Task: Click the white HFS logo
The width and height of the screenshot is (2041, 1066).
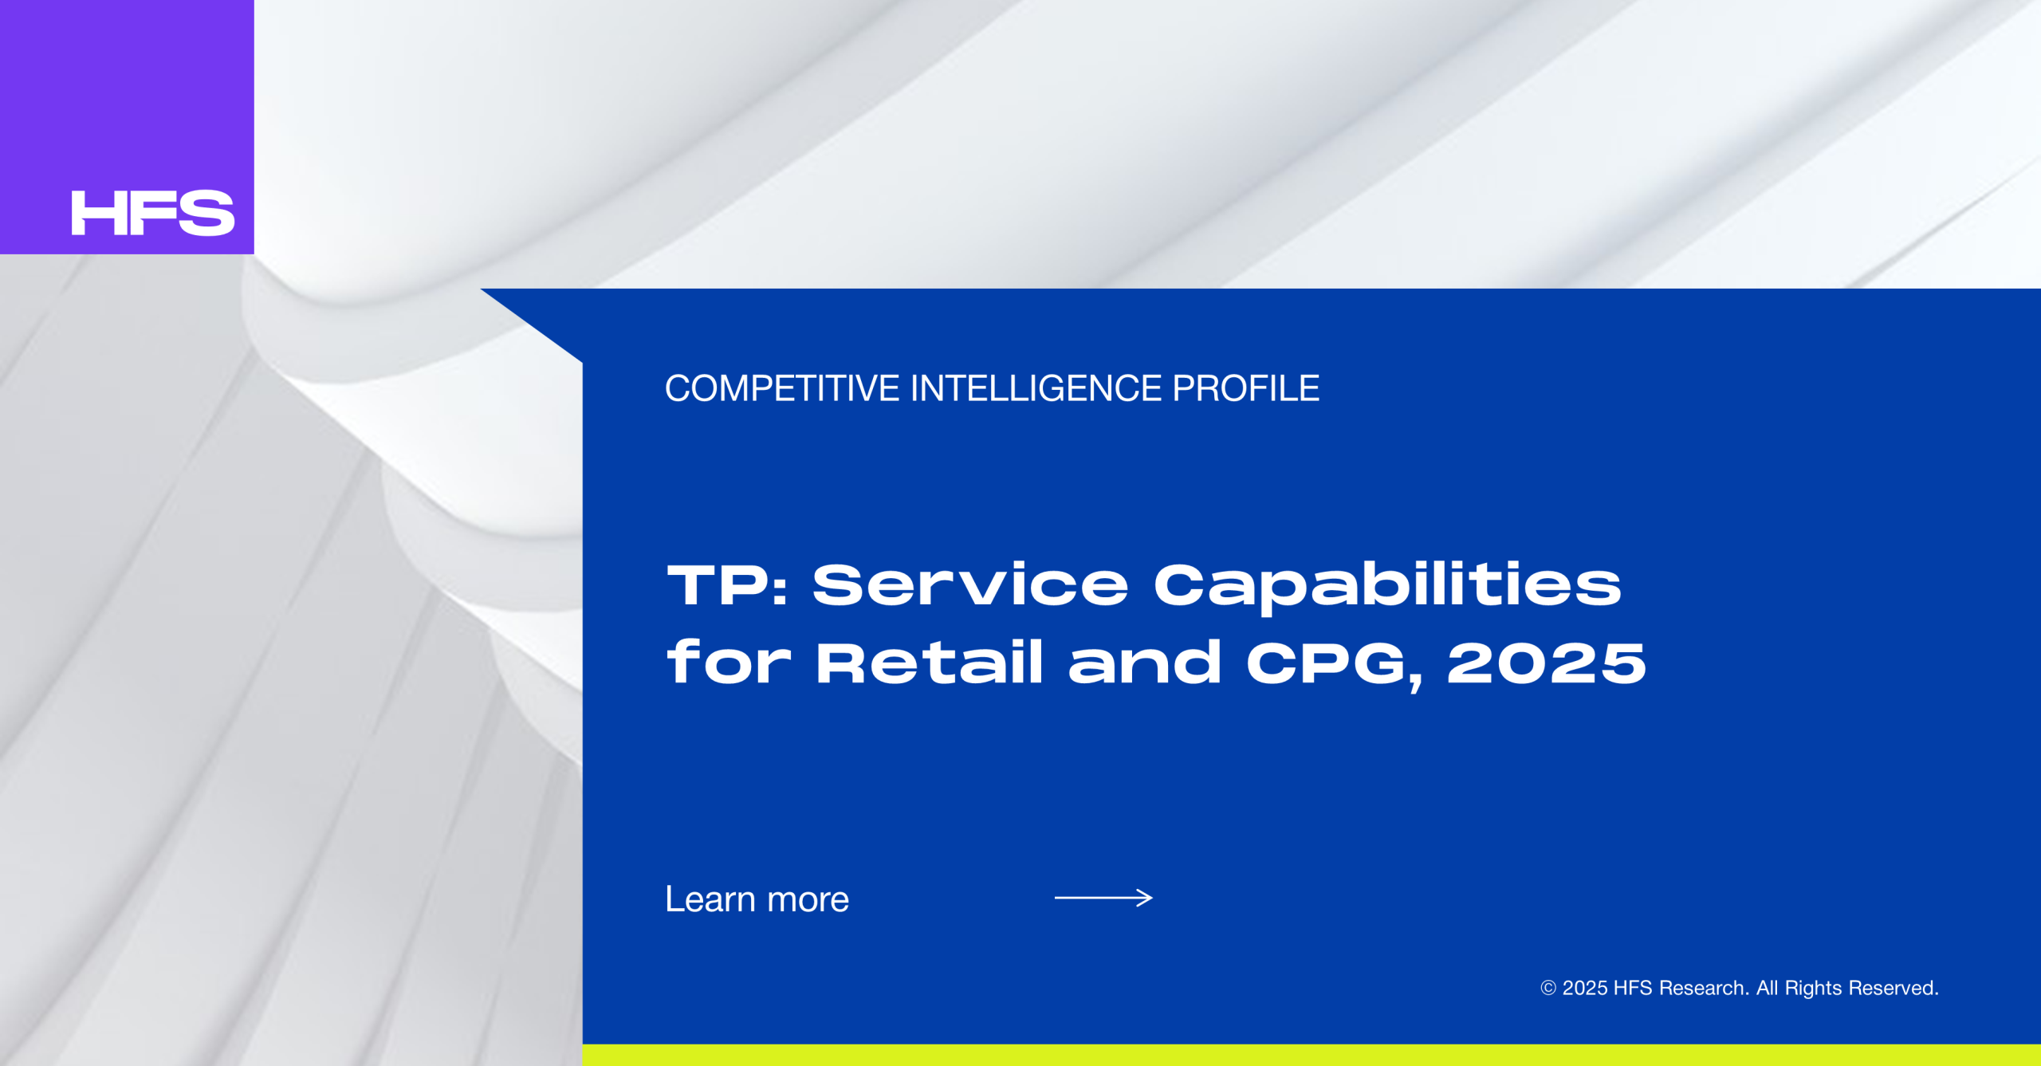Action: pos(153,213)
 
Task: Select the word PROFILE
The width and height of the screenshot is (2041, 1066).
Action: pos(1246,388)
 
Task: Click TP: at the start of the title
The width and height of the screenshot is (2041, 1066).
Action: pos(727,584)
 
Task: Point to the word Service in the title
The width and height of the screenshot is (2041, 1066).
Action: pos(970,584)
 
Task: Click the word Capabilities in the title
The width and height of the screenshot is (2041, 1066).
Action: pos(1387,588)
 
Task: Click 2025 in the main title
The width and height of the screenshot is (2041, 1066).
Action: pos(1547,663)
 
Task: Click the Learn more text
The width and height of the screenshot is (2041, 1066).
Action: pos(757,899)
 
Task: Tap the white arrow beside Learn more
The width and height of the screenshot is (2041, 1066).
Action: pos(1103,898)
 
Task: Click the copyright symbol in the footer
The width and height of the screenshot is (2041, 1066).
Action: pos(1548,988)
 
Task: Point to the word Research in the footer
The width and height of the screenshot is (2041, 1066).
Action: pos(1704,988)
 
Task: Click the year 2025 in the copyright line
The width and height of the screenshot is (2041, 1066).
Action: pos(1585,988)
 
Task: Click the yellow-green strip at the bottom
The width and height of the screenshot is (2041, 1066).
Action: pos(1312,1055)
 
